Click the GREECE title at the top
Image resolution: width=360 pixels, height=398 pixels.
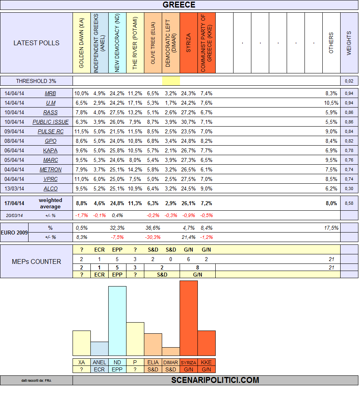pos(179,5)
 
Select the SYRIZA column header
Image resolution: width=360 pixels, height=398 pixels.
pos(188,43)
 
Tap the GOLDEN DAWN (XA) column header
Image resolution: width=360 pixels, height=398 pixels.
pos(81,43)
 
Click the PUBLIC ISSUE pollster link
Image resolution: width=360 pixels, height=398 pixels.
pos(50,122)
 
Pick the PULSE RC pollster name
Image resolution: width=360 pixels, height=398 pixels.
pos(50,131)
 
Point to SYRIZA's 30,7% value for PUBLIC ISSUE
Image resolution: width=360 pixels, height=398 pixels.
pos(188,122)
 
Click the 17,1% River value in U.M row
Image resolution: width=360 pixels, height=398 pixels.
pos(135,103)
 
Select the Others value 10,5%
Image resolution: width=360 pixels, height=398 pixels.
pos(331,103)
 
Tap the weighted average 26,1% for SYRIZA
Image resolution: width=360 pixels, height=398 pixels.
pos(188,203)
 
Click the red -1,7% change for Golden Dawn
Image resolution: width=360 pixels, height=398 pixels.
pos(81,215)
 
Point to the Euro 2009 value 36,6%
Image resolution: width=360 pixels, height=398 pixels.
pos(153,228)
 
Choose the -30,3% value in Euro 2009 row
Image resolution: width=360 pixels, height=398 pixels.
pos(153,237)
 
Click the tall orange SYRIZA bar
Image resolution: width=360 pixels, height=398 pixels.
pos(188,318)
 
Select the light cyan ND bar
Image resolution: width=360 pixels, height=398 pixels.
pos(117,321)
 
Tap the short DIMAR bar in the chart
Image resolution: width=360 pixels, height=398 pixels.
pos(171,352)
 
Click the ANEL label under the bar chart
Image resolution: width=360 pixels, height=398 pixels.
pos(99,362)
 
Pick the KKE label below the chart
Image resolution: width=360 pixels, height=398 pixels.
pos(206,362)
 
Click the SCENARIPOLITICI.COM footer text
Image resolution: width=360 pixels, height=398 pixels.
pos(215,380)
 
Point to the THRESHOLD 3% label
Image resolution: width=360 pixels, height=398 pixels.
pos(36,81)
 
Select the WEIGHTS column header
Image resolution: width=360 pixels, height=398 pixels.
pos(349,43)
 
